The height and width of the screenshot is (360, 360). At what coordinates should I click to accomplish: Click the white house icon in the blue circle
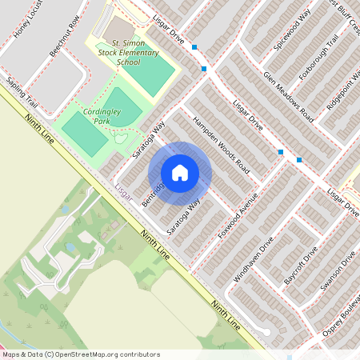click(180, 173)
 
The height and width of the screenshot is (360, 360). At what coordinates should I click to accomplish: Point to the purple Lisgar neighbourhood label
click(122, 192)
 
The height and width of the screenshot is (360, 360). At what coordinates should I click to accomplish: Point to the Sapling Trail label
click(22, 94)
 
